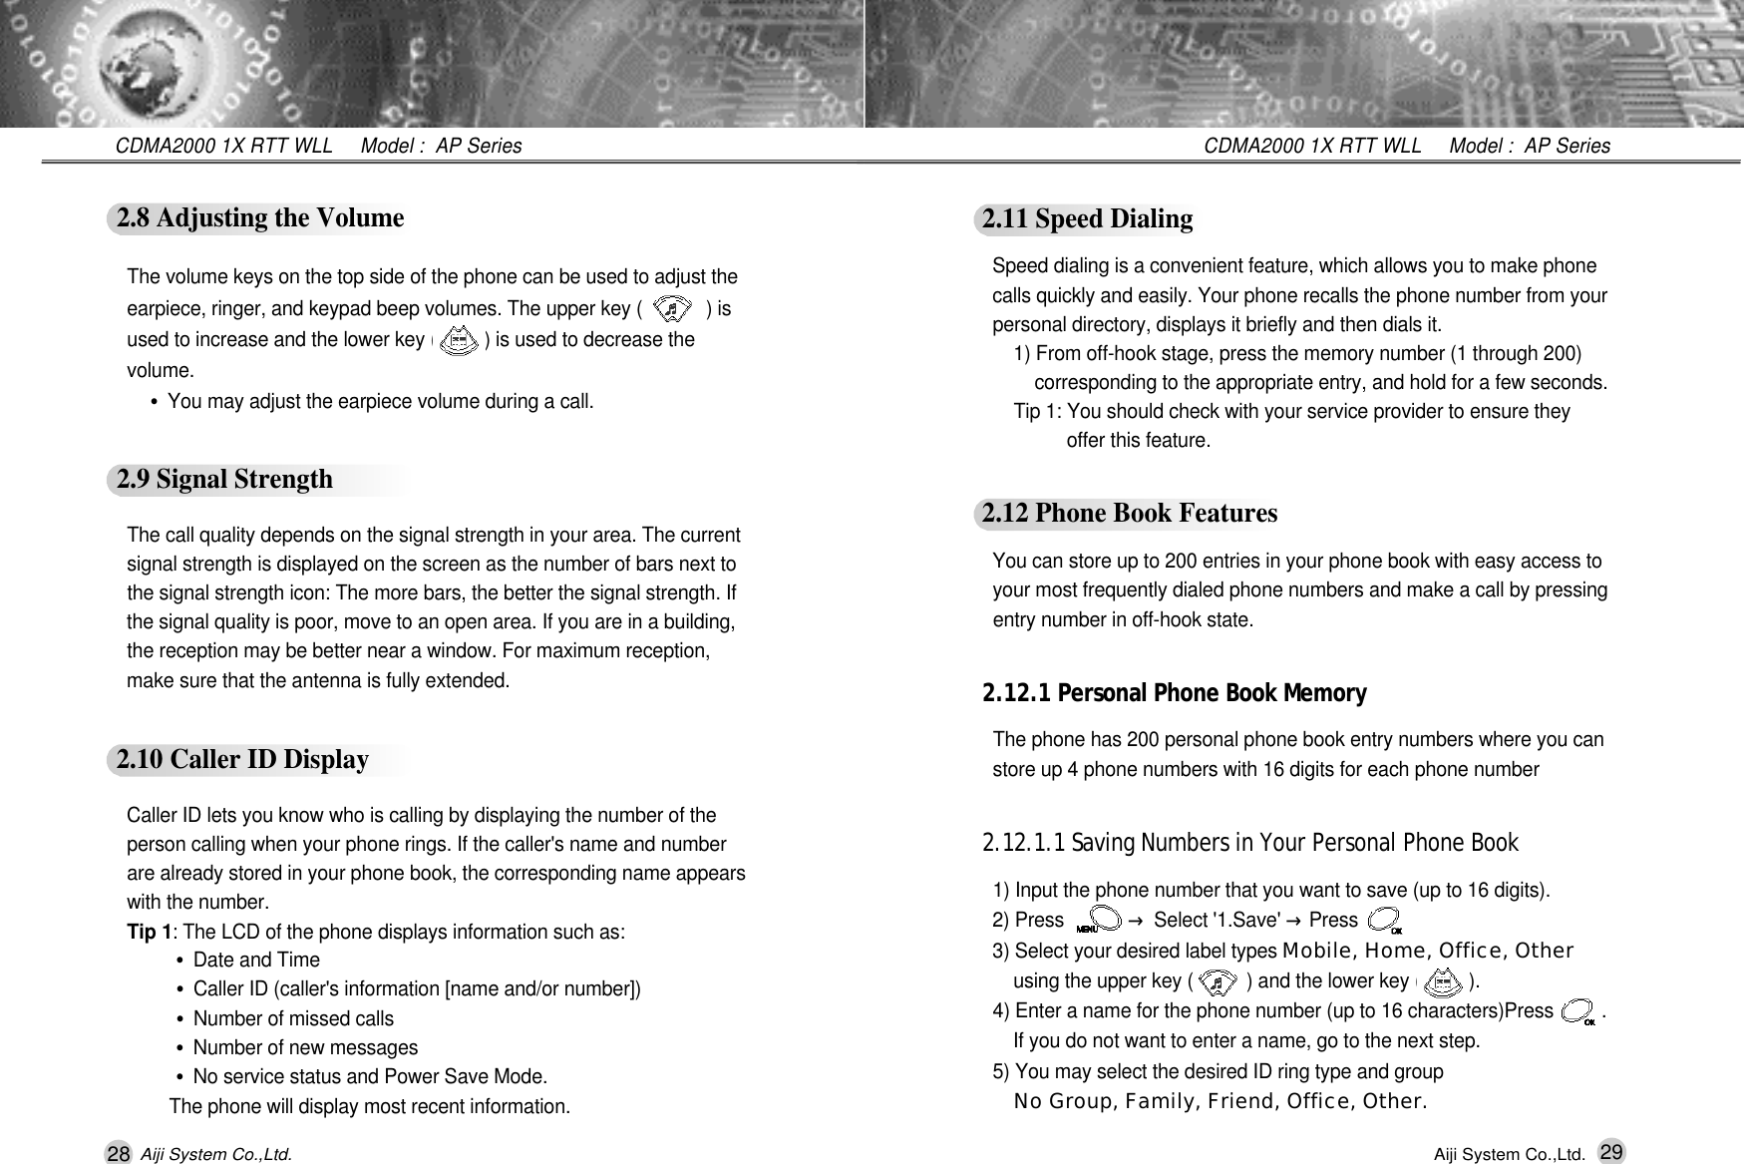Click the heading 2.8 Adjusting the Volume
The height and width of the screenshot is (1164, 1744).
(x=260, y=218)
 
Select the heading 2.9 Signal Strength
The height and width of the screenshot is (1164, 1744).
(x=225, y=480)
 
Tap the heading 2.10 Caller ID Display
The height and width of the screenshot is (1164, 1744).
(x=242, y=760)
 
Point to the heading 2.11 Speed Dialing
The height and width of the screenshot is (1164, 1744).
(x=1087, y=219)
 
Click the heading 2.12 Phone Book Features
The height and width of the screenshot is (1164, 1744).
(x=1130, y=514)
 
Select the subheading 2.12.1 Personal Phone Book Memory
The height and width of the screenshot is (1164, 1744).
(x=1175, y=693)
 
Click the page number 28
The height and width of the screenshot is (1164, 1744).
(x=118, y=1154)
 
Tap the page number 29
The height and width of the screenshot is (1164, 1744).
(x=1609, y=1152)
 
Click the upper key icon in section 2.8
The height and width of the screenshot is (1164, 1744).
(x=674, y=310)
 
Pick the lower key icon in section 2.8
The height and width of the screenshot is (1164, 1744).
(x=458, y=341)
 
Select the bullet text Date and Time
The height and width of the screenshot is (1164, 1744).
(x=256, y=961)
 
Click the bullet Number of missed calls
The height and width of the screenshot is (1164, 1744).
(x=293, y=1019)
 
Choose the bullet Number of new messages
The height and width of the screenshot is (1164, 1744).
(x=305, y=1048)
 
